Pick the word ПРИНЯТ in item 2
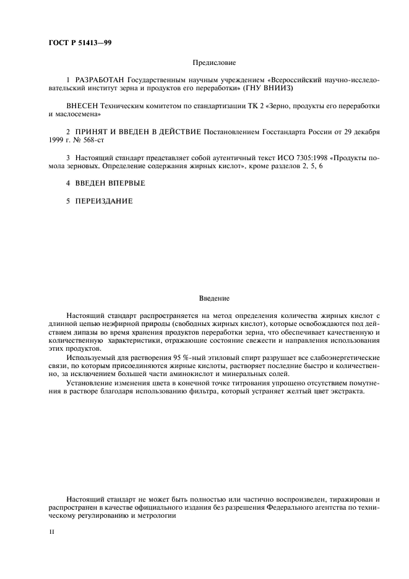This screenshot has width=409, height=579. pyautogui.click(x=93, y=132)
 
